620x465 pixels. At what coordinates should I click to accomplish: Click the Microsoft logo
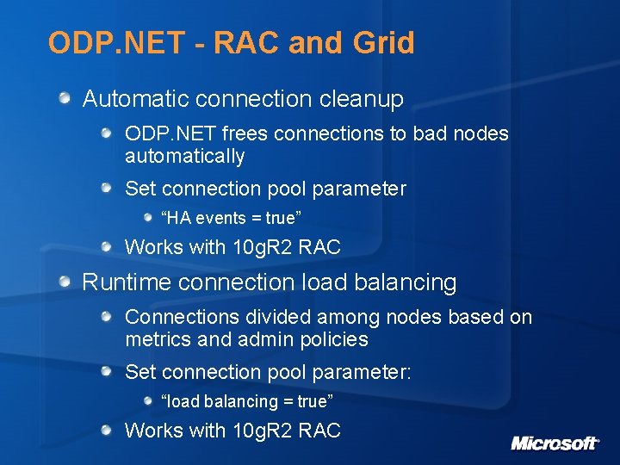[x=555, y=443]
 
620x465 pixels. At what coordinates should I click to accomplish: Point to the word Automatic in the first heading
[x=135, y=99]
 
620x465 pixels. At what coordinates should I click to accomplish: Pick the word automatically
[x=184, y=157]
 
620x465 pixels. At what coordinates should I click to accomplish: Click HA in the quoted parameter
[x=176, y=218]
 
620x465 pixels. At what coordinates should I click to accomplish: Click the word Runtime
[x=123, y=282]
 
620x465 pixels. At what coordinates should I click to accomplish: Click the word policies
[x=334, y=339]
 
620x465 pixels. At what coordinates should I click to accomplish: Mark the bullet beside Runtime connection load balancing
[x=66, y=282]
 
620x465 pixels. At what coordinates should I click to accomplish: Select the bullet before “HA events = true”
[x=149, y=218]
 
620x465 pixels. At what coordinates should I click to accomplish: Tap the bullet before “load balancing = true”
[x=149, y=401]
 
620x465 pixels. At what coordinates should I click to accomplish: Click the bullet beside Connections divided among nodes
[x=107, y=317]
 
